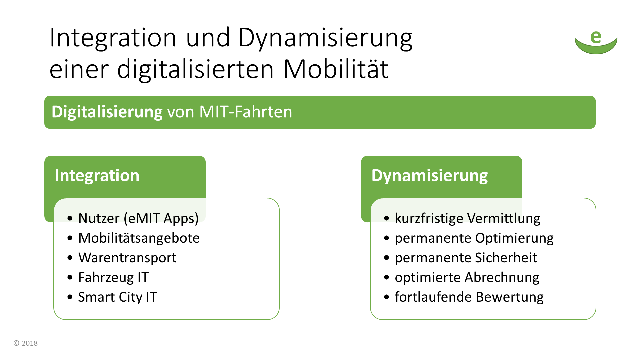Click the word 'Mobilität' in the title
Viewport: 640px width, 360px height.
tap(336, 69)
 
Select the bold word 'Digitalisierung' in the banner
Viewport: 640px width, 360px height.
tap(107, 112)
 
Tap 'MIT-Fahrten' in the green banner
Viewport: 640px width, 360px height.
tap(246, 112)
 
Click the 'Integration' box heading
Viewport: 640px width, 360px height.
tap(97, 175)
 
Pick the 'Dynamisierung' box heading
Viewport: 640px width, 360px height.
tap(430, 176)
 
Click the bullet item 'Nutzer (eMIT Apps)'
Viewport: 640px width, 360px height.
tap(138, 218)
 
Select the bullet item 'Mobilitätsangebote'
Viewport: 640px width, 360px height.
tap(139, 238)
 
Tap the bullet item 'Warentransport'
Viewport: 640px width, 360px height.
tap(127, 258)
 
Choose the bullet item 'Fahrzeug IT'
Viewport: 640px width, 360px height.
tap(113, 277)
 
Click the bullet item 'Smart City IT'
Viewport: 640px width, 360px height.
tap(117, 297)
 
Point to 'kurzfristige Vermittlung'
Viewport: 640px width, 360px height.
tap(467, 218)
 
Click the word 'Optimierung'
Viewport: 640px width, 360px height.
tap(514, 238)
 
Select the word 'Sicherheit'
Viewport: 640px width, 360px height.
tap(506, 258)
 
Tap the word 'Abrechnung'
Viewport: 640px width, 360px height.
tap(502, 277)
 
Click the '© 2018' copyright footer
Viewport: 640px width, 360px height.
tap(26, 343)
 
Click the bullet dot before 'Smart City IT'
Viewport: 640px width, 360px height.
tap(70, 297)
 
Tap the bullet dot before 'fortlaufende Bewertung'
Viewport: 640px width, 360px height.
tap(386, 297)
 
